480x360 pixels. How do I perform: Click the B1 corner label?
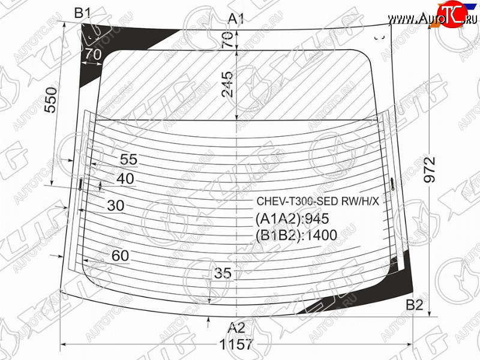pyautogui.click(x=83, y=13)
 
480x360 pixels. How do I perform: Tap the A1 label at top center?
pyautogui.click(x=236, y=19)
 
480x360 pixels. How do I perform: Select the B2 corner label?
pyautogui.click(x=415, y=305)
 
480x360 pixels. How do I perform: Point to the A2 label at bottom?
pyautogui.click(x=236, y=328)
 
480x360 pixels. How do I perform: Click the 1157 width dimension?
pyautogui.click(x=236, y=344)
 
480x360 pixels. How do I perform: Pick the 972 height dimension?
pyautogui.click(x=430, y=170)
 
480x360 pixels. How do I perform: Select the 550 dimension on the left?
pyautogui.click(x=51, y=100)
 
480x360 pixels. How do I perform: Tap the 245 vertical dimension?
pyautogui.click(x=227, y=84)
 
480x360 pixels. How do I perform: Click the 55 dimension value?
pyautogui.click(x=129, y=160)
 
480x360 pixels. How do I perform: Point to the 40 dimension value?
pyautogui.click(x=125, y=179)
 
